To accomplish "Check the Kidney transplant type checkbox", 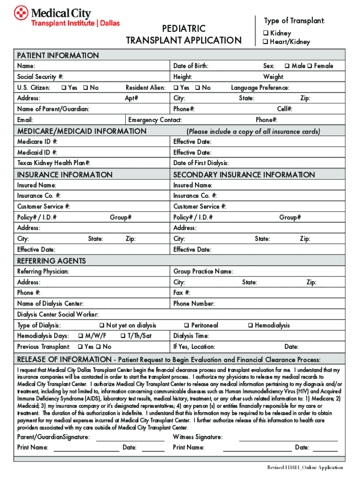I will coord(265,33).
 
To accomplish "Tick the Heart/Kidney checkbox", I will coord(265,42).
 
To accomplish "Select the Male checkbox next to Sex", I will coord(287,66).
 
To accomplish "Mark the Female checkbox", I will coord(310,66).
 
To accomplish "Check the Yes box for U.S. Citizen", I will coord(64,87).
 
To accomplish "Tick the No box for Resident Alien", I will coord(198,87).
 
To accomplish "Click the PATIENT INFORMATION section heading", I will coord(58,55).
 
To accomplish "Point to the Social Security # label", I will coord(40,77).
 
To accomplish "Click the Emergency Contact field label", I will coord(155,120).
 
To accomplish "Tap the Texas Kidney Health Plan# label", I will coord(54,163).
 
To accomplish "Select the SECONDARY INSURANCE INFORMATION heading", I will coord(244,174).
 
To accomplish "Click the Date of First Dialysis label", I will coord(201,163).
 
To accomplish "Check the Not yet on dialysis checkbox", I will coord(102,326).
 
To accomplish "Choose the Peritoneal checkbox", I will coord(187,326).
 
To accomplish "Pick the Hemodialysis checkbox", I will coord(251,326).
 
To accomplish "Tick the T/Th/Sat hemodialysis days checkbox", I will coord(122,336).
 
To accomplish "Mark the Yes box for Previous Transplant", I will coord(80,347).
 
